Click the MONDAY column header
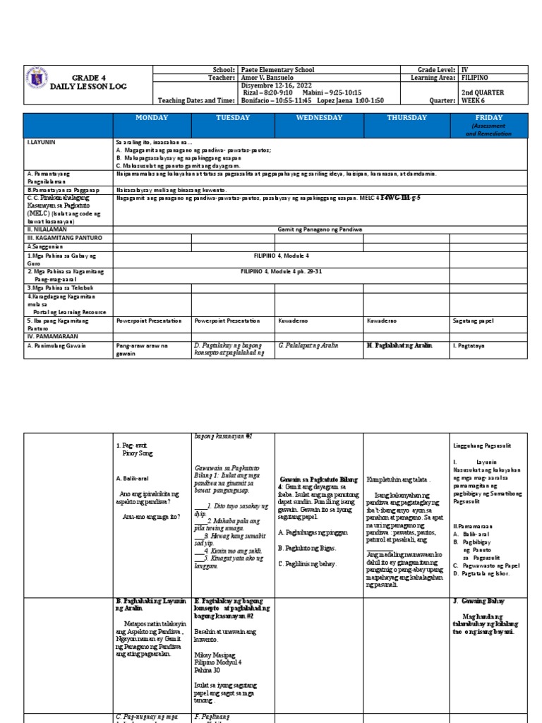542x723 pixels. [x=152, y=118]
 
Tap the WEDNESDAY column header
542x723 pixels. [x=319, y=118]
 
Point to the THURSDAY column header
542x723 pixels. [x=406, y=118]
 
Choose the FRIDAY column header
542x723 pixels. [x=488, y=118]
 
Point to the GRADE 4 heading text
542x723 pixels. [x=86, y=77]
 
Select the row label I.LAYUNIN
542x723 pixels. [x=41, y=142]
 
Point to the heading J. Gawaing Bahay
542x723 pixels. [x=477, y=601]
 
